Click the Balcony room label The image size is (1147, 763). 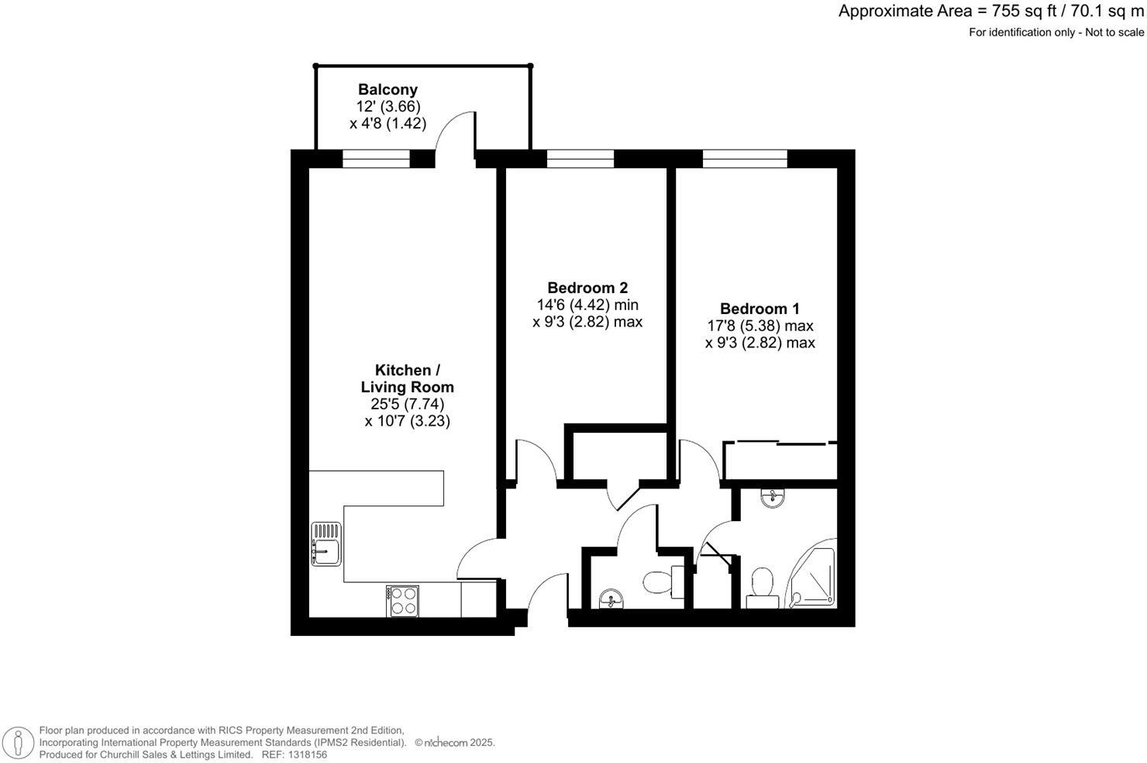point(387,90)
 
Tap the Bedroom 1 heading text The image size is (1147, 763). point(759,309)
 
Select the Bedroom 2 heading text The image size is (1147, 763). point(587,287)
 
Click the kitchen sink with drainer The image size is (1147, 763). point(326,544)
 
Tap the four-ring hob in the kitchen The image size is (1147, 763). point(402,601)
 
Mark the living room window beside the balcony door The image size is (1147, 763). point(376,159)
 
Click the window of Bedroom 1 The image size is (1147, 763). point(745,159)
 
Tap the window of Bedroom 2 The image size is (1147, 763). point(580,159)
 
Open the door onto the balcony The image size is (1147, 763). point(456,136)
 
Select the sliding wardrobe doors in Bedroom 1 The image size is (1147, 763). point(780,444)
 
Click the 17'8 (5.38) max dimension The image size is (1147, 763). point(759,326)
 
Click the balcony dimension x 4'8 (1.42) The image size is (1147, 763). point(387,123)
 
